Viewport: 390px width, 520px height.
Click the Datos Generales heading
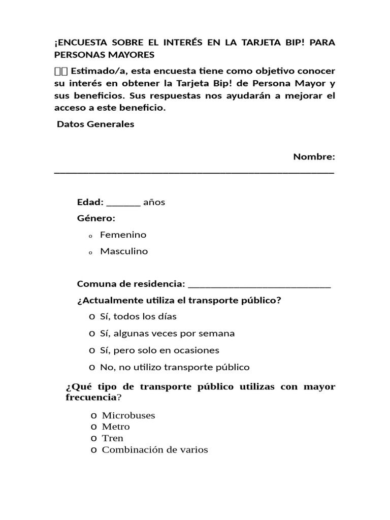point(95,124)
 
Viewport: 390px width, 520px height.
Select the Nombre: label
point(314,157)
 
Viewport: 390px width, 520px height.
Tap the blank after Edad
point(123,205)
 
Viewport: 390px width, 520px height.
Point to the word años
point(154,202)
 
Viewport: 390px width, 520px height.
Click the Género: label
point(96,218)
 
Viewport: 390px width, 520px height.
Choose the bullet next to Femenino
point(89,236)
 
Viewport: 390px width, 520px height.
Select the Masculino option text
point(124,251)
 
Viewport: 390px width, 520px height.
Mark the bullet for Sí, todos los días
point(91,317)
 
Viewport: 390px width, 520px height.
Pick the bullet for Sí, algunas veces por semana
point(91,334)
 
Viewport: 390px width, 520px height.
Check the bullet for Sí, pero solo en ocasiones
point(91,350)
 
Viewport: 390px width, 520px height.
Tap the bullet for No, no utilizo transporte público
point(91,367)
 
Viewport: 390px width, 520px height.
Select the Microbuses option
point(128,415)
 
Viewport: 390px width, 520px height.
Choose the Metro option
point(116,427)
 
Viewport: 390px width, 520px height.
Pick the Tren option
point(112,438)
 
